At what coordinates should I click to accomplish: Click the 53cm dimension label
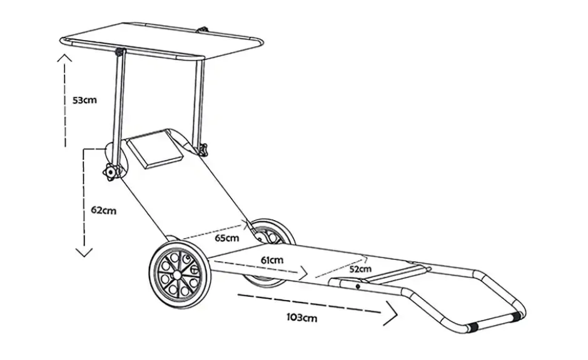84,100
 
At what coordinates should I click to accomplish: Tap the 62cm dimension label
103,210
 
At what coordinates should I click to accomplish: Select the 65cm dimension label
226,238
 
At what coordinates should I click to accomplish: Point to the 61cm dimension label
272,260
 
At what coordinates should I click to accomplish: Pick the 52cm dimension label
360,269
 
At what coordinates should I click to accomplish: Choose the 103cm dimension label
302,317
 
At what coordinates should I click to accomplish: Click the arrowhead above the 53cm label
64,57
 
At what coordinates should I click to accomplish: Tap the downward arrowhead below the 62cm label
84,252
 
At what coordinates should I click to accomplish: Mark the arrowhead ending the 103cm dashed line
391,314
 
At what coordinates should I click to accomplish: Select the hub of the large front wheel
176,274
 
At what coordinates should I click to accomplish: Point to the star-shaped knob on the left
110,172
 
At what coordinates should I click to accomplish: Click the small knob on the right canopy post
204,149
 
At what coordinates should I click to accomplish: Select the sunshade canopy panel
161,41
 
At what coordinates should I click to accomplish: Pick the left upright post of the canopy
118,112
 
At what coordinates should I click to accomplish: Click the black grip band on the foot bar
474,327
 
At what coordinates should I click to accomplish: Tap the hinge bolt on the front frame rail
358,287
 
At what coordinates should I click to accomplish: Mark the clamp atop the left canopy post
120,51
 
